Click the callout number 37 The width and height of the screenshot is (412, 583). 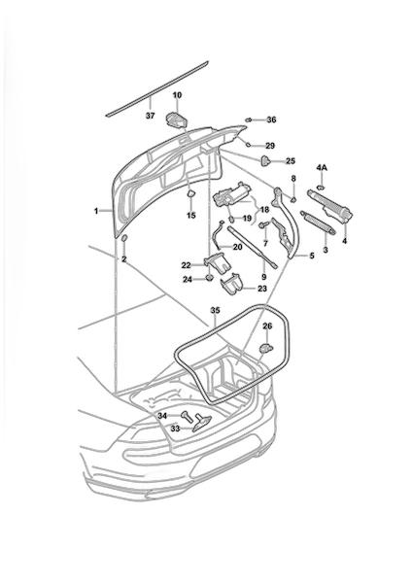pos(150,116)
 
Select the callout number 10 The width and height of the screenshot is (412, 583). pos(178,95)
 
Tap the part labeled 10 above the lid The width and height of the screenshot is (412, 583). pos(176,120)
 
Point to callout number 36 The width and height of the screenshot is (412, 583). pos(271,120)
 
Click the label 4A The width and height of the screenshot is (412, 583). pos(322,168)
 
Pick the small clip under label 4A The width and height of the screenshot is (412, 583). pos(321,187)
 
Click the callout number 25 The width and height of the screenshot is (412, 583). pos(291,161)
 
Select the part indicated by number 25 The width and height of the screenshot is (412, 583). pos(265,160)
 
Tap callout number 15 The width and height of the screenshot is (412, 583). pos(191,216)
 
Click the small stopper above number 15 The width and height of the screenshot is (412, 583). pos(190,193)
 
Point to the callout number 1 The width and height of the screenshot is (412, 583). pos(96,211)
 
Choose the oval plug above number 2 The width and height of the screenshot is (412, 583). pos(124,238)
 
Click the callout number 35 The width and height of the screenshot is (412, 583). pos(216,311)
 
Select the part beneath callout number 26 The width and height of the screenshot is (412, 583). pos(265,348)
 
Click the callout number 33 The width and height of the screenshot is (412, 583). pos(175,429)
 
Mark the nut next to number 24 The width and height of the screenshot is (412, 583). pos(210,278)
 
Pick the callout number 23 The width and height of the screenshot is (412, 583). pos(262,289)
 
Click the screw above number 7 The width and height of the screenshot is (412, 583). pos(264,225)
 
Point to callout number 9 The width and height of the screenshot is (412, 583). pos(263,277)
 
